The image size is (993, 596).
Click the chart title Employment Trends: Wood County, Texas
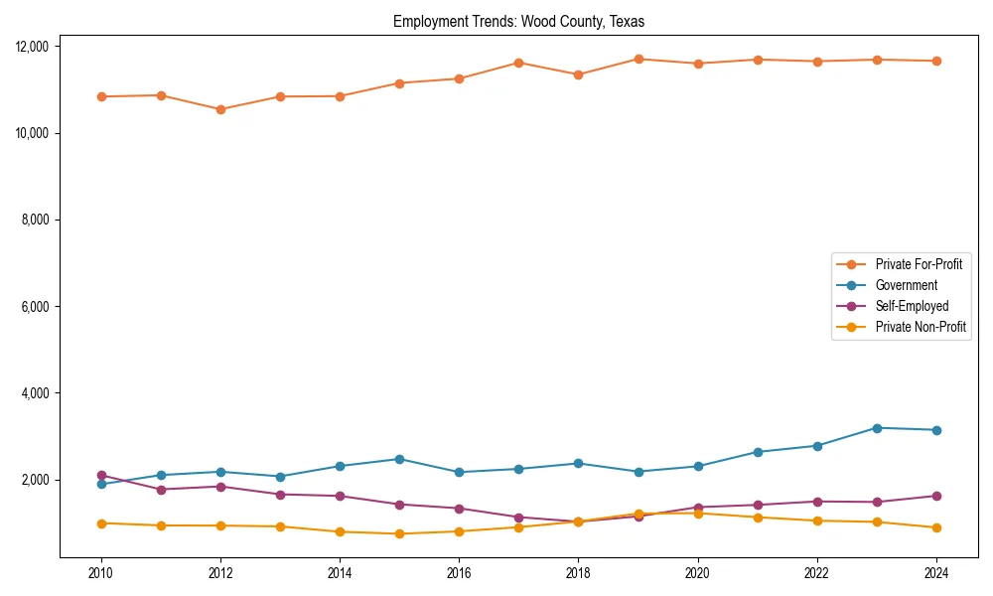pyautogui.click(x=518, y=21)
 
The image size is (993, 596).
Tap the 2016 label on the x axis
pyautogui.click(x=459, y=573)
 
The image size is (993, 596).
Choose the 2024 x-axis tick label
pyautogui.click(x=935, y=573)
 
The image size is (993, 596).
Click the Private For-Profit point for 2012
pyautogui.click(x=220, y=109)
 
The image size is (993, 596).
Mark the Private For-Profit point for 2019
pyautogui.click(x=638, y=59)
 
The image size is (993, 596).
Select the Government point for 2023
pyautogui.click(x=876, y=428)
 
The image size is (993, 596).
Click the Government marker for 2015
pyautogui.click(x=399, y=459)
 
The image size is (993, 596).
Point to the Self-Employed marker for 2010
pyautogui.click(x=101, y=476)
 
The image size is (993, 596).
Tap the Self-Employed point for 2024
pyautogui.click(x=935, y=496)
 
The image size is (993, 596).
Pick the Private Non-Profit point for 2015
pyautogui.click(x=399, y=533)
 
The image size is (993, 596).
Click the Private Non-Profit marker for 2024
pyautogui.click(x=935, y=527)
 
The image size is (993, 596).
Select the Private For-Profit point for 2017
pyautogui.click(x=518, y=63)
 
